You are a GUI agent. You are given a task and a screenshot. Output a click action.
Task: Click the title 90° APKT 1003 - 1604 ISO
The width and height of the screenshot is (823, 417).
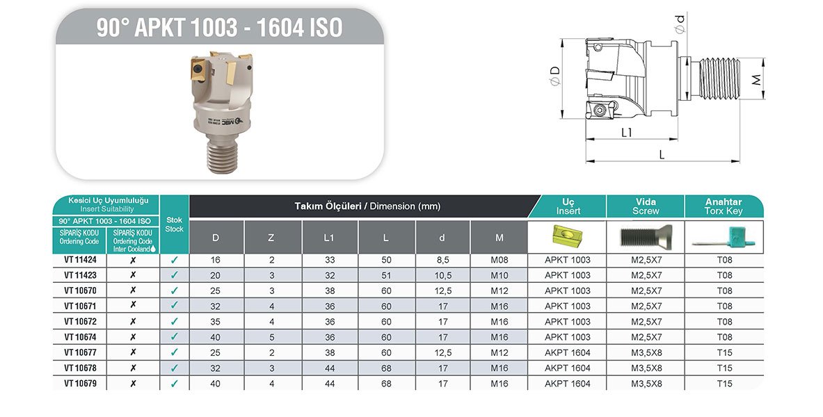pyautogui.click(x=219, y=28)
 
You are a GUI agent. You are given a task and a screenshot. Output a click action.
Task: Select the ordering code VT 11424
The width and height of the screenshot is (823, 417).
pyautogui.click(x=80, y=260)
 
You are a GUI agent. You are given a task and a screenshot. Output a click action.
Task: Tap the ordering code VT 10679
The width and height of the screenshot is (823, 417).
pyautogui.click(x=80, y=383)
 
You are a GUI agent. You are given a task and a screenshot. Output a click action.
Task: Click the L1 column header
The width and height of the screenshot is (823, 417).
pyautogui.click(x=330, y=238)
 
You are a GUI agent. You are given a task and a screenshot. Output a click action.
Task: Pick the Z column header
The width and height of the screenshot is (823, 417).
pyautogui.click(x=271, y=238)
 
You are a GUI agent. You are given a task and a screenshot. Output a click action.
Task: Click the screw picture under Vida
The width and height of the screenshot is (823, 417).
pyautogui.click(x=645, y=237)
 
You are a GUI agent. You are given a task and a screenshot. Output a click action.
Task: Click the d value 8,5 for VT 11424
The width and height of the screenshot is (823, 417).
pyautogui.click(x=442, y=260)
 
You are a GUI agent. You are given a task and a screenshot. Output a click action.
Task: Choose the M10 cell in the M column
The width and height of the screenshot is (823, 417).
pyautogui.click(x=499, y=275)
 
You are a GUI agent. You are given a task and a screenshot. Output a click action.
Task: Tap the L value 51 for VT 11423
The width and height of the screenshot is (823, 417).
pyautogui.click(x=386, y=275)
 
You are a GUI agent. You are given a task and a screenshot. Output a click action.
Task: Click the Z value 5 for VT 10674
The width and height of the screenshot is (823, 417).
pyautogui.click(x=271, y=337)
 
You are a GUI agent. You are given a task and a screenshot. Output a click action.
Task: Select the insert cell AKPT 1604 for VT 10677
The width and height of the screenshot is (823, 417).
pyautogui.click(x=567, y=352)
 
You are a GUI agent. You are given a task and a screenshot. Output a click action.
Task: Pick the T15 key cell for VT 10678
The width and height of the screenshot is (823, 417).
pyautogui.click(x=724, y=368)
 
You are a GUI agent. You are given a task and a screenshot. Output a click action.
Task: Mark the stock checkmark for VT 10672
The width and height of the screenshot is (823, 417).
pyautogui.click(x=174, y=322)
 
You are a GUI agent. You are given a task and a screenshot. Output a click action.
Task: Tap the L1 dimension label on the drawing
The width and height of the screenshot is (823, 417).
pyautogui.click(x=626, y=132)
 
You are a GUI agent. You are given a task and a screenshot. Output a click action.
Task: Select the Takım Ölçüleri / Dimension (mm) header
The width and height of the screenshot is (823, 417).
pyautogui.click(x=367, y=206)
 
